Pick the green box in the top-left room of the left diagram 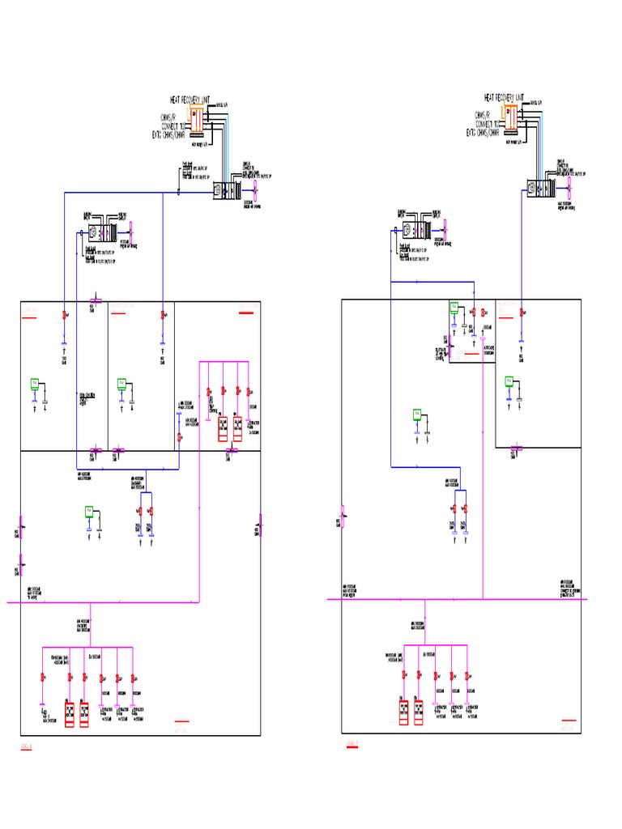(34, 383)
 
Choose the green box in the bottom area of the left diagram (90, 511)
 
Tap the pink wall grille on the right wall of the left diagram (260, 524)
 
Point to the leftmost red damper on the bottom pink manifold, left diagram (41, 677)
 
